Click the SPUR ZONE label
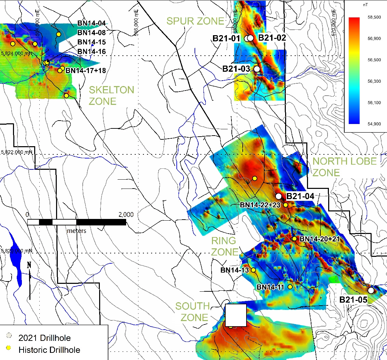coord(195,21)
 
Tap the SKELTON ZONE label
coord(111,95)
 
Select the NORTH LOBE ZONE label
coord(344,167)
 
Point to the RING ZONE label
coord(224,246)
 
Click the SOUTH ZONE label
coord(193,312)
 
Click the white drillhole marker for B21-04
coord(279,196)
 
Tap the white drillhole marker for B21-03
coord(257,69)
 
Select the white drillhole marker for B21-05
coord(371,290)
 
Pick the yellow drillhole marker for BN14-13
coord(253,270)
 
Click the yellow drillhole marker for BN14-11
coord(290,287)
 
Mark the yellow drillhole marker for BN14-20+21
coord(294,238)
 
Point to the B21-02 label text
coord(272,38)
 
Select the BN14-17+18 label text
coord(86,71)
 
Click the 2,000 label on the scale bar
coord(126,215)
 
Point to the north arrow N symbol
coord(29,265)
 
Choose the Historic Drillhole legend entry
coord(50,350)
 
